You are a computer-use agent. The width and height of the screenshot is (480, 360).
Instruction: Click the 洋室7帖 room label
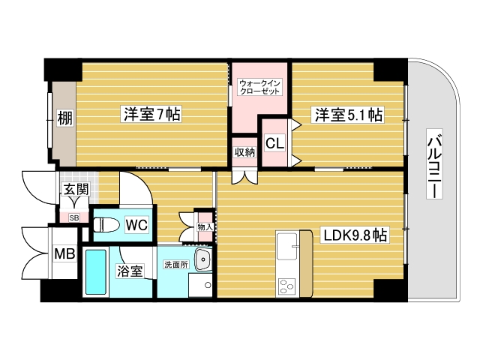[x=153, y=115]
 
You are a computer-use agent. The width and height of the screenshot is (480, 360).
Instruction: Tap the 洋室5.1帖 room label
[x=348, y=115]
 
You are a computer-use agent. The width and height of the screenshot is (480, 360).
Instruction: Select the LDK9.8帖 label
[x=355, y=235]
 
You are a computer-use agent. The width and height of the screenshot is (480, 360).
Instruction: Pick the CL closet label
[x=274, y=142]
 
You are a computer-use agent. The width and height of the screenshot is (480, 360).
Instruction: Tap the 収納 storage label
[x=244, y=152]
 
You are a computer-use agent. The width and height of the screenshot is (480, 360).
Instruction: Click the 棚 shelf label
[x=64, y=118]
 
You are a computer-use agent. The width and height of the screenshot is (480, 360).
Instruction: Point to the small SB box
[x=73, y=217]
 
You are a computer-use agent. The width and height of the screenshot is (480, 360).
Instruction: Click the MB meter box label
[x=64, y=254]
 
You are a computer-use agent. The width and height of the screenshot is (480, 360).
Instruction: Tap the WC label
[x=136, y=224]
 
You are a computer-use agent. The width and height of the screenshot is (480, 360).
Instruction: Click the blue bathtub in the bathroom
[x=95, y=272]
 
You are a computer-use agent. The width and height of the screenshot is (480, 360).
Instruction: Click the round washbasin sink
[x=202, y=260]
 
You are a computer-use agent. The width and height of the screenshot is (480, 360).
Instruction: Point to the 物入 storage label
[x=203, y=226]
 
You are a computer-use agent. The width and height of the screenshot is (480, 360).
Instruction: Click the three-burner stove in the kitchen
[x=288, y=285]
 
